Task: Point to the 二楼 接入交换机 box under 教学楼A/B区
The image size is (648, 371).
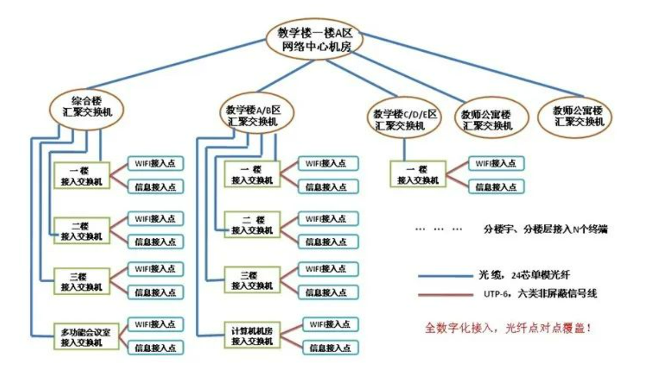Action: point(252,225)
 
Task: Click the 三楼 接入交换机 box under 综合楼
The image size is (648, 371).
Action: point(82,281)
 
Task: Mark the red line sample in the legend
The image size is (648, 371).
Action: point(445,295)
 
